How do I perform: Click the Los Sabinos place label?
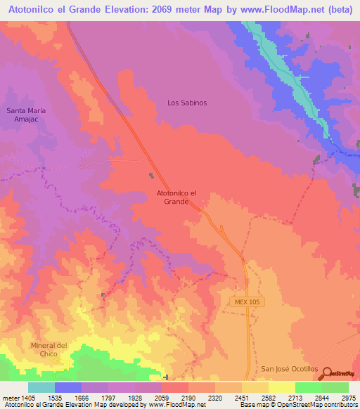187,103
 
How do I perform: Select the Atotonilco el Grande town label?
176,197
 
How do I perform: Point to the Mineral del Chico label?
49,349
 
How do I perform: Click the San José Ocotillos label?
290,369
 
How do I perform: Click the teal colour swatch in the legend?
41,387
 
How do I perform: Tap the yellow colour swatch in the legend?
281,387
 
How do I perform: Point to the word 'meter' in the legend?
9,398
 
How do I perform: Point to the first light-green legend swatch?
308,387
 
